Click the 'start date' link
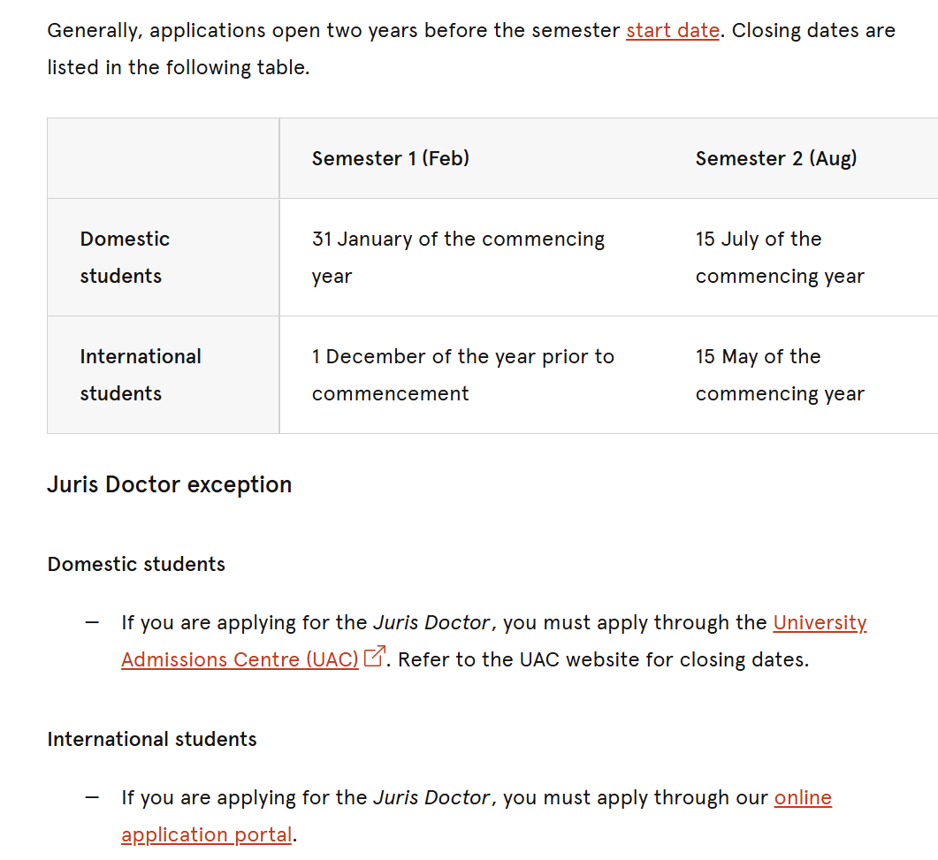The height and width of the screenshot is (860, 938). (x=672, y=30)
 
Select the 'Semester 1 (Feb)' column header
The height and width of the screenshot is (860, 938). (x=390, y=158)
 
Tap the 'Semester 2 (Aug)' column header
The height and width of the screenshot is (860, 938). (x=775, y=158)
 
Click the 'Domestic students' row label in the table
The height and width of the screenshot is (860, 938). (x=125, y=257)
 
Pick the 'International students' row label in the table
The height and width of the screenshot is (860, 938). (x=141, y=375)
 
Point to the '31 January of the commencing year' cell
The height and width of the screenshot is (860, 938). (x=458, y=257)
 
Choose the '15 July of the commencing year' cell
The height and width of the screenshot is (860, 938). (x=779, y=257)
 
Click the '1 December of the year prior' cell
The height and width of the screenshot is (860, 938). (x=462, y=375)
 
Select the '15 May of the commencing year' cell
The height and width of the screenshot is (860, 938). (x=779, y=375)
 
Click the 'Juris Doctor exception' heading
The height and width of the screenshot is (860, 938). (x=169, y=484)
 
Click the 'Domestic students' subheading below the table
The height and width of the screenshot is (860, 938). (x=136, y=564)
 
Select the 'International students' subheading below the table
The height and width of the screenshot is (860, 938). (x=152, y=739)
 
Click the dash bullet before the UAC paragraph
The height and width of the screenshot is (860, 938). (x=92, y=622)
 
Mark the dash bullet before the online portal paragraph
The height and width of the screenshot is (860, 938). (x=92, y=797)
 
